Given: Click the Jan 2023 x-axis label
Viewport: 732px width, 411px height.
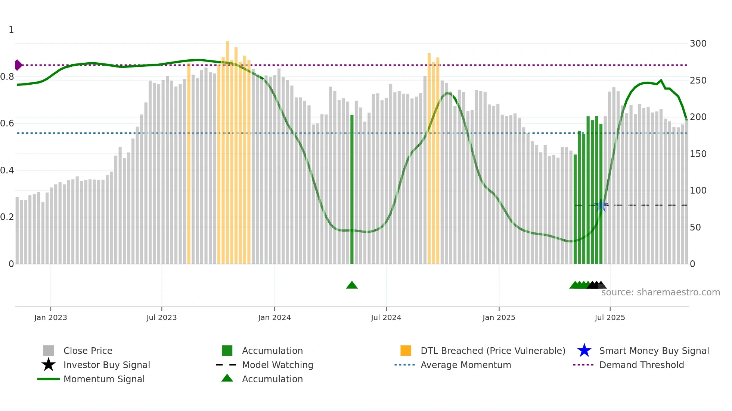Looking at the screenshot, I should point(50,317).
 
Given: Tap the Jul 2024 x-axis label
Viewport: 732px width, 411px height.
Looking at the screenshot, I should point(386,317).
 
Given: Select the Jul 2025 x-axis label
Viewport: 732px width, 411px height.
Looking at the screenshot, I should point(610,317).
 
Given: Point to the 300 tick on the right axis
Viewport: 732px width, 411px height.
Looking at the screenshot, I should point(698,44).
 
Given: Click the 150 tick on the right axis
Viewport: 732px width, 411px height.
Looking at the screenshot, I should point(698,154).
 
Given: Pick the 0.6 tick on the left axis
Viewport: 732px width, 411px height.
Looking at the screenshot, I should point(7,123).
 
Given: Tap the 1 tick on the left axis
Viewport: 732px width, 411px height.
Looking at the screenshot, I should point(11,30).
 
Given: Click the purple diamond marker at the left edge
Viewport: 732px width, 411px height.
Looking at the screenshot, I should point(18,65).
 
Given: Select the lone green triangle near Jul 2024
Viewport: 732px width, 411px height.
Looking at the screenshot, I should point(352,285).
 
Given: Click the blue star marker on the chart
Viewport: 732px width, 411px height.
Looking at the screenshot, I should point(601,205).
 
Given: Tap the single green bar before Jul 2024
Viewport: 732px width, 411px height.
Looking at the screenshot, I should point(352,189).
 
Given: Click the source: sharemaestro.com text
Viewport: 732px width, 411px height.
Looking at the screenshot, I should point(660,292).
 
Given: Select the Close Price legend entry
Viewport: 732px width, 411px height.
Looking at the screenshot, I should point(88,351).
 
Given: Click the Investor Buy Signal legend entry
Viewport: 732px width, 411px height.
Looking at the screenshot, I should point(106,365).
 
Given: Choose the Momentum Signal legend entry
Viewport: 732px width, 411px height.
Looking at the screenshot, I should point(104,379).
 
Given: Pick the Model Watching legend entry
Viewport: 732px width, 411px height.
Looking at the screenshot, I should point(277,365).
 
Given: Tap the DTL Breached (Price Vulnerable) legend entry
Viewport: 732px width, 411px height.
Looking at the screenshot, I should point(493,351).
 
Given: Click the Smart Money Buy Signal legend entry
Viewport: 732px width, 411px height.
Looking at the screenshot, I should point(654,351).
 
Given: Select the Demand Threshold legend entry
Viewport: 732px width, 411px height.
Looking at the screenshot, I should point(641,365).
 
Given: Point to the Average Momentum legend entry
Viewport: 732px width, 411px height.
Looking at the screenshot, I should point(466,365).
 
